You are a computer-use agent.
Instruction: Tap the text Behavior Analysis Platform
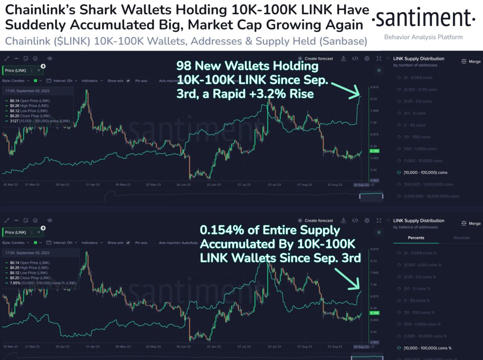coord(423,37)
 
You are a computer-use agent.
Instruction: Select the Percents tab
coord(416,238)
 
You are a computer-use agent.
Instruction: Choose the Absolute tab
coord(461,238)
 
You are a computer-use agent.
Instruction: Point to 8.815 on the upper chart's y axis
coord(374,88)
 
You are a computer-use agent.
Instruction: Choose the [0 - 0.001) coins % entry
coord(422,253)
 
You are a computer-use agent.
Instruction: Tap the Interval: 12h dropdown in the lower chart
coord(63,243)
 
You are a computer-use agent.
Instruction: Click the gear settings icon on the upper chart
coord(367,58)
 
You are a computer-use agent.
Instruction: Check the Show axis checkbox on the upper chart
coord(128,81)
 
